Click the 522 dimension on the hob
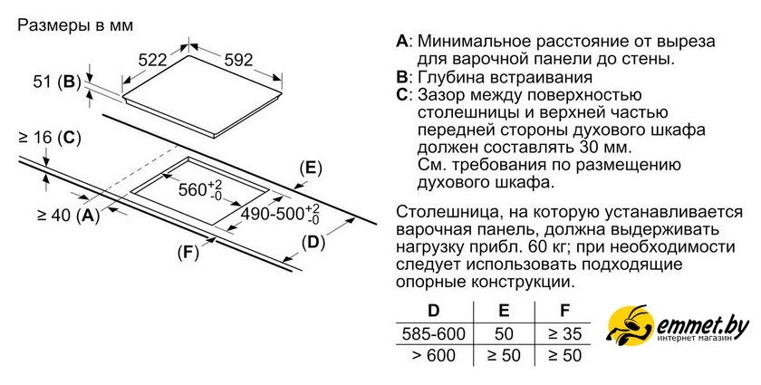[x=152, y=60]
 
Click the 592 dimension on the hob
[x=239, y=60]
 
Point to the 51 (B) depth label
[x=57, y=82]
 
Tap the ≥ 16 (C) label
[x=50, y=138]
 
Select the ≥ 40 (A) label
[x=69, y=215]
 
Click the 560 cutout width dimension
[x=200, y=190]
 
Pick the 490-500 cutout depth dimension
[x=281, y=214]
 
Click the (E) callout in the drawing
[x=311, y=168]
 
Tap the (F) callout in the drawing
[x=188, y=253]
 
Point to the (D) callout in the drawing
[x=313, y=243]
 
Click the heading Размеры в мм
[x=75, y=25]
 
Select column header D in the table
[x=433, y=310]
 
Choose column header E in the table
[x=504, y=310]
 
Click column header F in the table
[x=564, y=310]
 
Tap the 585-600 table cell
[x=433, y=334]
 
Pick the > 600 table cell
[x=433, y=355]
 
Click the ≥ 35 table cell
[x=564, y=334]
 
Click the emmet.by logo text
[x=703, y=326]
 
